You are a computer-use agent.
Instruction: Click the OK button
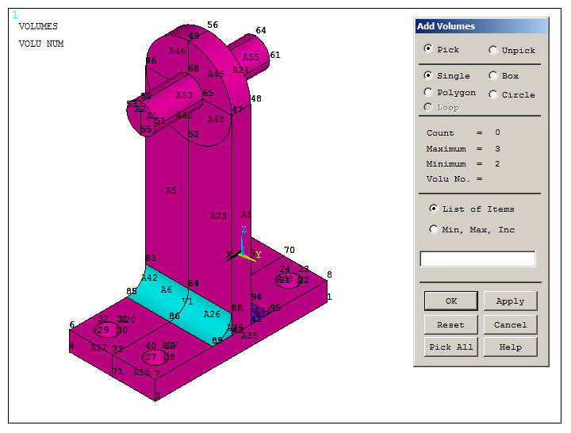(450, 301)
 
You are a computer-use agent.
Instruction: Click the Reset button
(450, 324)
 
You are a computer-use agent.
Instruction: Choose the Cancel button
(510, 324)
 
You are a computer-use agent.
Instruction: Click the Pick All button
(450, 347)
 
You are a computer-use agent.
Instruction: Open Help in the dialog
(510, 347)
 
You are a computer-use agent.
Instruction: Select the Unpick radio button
(494, 50)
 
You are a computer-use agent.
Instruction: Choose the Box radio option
(494, 76)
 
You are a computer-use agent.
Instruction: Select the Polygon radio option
(429, 93)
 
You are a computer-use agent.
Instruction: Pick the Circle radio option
(494, 94)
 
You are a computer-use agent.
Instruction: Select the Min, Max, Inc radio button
(434, 230)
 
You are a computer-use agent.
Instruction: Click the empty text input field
(477, 259)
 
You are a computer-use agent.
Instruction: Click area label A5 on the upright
(171, 190)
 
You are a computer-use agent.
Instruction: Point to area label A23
(218, 216)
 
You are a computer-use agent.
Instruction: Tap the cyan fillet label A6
(166, 290)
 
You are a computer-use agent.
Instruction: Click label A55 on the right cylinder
(251, 57)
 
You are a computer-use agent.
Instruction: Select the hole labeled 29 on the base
(103, 330)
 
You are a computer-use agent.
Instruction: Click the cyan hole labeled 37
(150, 358)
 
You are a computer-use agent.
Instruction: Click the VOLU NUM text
(41, 44)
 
